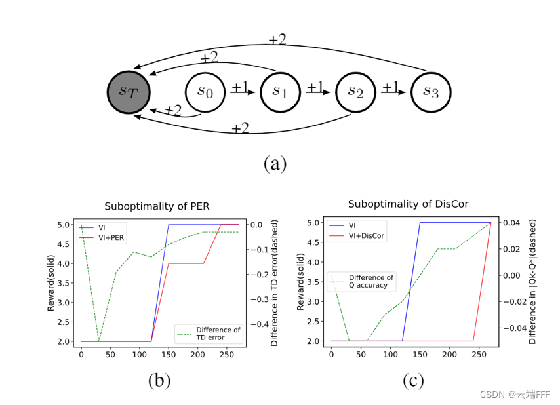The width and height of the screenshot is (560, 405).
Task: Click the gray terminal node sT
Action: pos(129,92)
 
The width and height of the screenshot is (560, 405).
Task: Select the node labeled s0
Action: pos(206,92)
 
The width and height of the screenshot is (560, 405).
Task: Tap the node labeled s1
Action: pos(281,92)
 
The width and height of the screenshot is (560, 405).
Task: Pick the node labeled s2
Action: pos(356,92)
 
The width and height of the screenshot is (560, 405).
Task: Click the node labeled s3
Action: pos(431,92)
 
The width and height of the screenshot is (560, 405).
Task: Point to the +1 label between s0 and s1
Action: pos(239,87)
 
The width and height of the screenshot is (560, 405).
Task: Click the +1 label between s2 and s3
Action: pos(391,87)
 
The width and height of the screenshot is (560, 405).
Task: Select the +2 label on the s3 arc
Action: pos(277,39)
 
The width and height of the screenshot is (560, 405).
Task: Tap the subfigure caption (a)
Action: pos(275,163)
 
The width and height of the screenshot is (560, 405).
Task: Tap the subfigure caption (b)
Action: pos(159,379)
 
